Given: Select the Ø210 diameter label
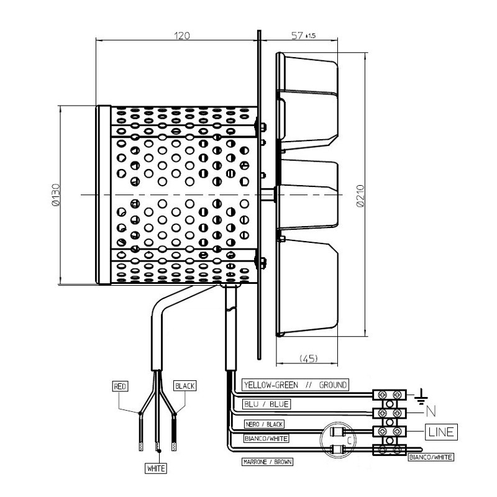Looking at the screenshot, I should [358, 195].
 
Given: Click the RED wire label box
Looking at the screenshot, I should [121, 386].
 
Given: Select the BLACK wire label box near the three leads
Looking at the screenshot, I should [185, 386].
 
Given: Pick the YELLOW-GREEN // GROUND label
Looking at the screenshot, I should [295, 385].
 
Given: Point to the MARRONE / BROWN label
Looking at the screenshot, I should [267, 462].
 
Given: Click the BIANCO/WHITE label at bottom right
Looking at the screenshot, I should [431, 457].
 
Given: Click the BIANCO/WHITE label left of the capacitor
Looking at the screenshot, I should [266, 438].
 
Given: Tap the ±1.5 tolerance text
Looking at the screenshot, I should [311, 36].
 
